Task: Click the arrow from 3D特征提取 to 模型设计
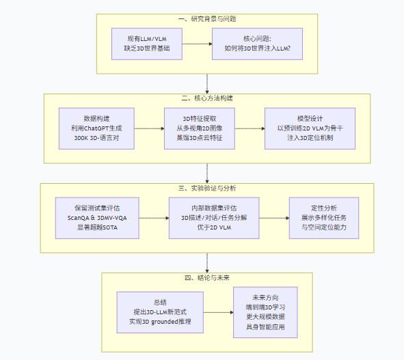[x=251, y=128]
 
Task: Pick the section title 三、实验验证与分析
[x=206, y=188]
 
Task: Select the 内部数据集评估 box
[x=214, y=218]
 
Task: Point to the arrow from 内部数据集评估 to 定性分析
[x=274, y=218]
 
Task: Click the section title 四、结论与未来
[x=206, y=277]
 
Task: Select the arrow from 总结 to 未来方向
[x=219, y=312]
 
